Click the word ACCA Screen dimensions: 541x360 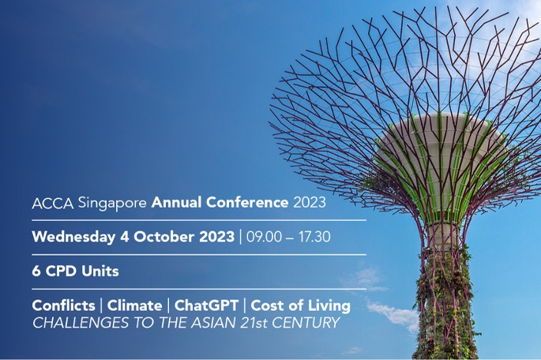[53, 203]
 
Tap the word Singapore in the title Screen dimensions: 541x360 [112, 204]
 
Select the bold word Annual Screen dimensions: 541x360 [176, 202]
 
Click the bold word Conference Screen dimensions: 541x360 [247, 202]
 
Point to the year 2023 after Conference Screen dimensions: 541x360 [310, 203]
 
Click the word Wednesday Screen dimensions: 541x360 [73, 238]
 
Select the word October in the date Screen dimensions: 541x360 [164, 237]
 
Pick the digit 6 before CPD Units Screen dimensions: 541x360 [36, 272]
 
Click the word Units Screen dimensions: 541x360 [100, 272]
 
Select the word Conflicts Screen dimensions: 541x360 [63, 306]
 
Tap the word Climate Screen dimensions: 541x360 [134, 306]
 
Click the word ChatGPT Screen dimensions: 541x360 [207, 306]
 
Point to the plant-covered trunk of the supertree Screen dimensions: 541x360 [445, 303]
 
